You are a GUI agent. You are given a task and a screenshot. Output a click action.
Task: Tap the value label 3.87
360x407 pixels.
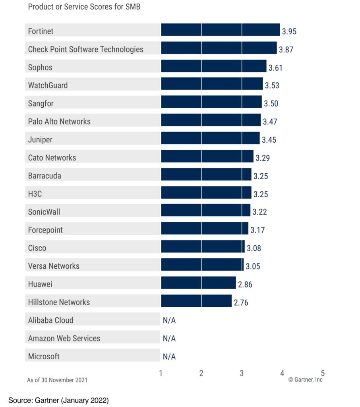point(286,50)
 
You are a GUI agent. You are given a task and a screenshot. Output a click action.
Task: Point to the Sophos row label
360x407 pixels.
point(40,67)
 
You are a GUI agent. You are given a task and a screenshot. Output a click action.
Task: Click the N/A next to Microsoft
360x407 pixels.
point(169,357)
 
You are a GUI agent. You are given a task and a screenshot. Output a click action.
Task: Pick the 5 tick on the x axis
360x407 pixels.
point(323,373)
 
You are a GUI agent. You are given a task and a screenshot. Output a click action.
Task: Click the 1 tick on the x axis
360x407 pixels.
point(161,373)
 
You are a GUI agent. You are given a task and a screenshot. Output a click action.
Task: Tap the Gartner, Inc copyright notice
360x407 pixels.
point(306,380)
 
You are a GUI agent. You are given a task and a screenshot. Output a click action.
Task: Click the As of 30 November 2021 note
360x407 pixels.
point(57,380)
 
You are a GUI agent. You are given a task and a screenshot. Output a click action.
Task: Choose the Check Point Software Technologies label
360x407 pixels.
point(85,49)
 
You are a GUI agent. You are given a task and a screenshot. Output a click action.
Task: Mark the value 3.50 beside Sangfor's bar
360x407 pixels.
point(271,104)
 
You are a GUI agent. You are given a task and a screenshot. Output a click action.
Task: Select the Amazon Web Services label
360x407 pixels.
point(64,338)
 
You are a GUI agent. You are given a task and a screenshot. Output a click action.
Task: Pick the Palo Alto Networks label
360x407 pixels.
point(59,121)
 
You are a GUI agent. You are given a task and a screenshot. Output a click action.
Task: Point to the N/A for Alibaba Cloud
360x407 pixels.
point(169,320)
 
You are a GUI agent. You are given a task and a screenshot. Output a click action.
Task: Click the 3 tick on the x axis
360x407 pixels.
point(242,373)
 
